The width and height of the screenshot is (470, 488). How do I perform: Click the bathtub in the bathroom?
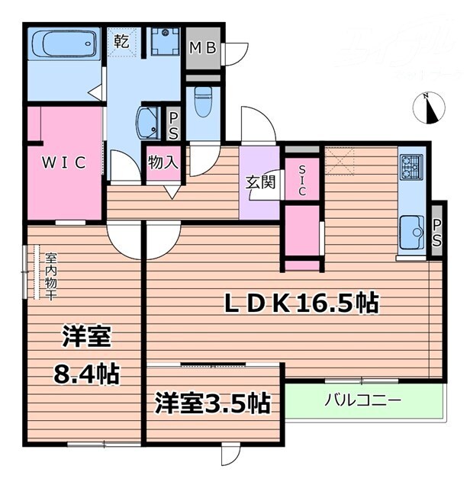point(64,43)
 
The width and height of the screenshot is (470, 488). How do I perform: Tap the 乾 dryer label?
point(121,42)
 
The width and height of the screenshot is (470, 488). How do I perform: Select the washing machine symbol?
point(164,42)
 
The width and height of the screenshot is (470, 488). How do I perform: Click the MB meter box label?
point(203,48)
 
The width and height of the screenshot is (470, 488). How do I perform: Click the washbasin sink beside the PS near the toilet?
point(148,121)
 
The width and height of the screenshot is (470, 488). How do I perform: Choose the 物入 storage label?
point(163,162)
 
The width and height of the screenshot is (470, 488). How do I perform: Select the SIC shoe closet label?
point(302,180)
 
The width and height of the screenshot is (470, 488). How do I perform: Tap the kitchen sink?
point(412,228)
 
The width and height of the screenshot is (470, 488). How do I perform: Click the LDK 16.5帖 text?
point(301,303)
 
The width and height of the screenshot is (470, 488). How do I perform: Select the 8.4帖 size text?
point(85,374)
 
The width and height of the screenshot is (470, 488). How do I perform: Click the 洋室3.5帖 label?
point(213,403)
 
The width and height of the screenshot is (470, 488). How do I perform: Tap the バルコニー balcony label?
point(362,400)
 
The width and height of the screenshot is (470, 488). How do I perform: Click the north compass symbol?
point(430,108)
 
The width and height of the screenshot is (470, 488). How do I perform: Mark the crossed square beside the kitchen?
point(339,162)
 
